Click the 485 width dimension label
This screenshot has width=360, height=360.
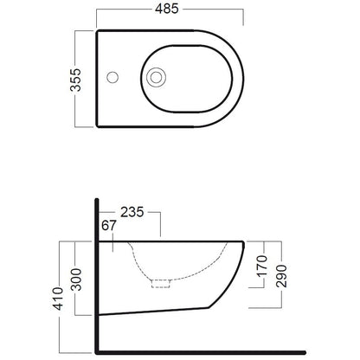[167, 9]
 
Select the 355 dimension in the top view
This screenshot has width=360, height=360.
[76, 80]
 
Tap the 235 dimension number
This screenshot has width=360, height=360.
[132, 212]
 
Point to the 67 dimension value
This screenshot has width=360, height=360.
[109, 226]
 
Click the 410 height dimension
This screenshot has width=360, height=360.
[59, 299]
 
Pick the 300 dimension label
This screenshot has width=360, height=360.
[77, 280]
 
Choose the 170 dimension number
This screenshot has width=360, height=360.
[262, 266]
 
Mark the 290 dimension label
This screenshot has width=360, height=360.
[281, 276]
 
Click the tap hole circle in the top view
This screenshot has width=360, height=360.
[112, 77]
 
